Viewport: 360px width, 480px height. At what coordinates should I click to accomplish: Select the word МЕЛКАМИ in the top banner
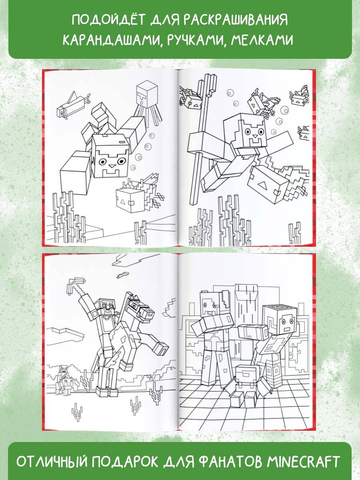point(262,40)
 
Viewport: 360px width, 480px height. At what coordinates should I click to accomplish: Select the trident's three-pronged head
point(207,86)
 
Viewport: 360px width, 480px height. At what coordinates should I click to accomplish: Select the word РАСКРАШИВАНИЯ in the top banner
point(236,20)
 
